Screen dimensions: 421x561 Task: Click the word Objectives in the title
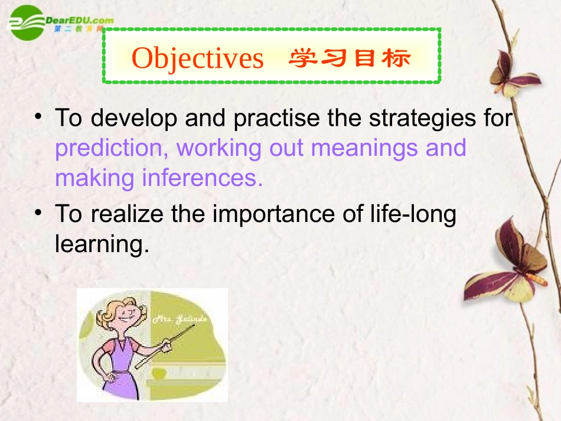(197, 58)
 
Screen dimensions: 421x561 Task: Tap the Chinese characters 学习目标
(349, 58)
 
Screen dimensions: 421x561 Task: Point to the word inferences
(203, 177)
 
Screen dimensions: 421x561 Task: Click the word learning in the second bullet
(101, 243)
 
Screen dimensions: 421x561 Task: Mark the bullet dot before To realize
(39, 211)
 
